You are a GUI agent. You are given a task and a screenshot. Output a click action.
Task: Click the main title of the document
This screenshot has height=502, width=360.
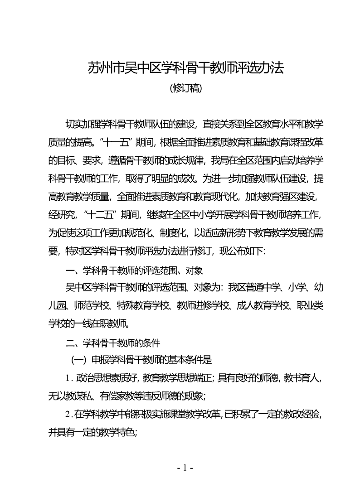pos(185,68)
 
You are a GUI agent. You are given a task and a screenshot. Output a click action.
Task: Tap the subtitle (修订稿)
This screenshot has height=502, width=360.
pos(185,88)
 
